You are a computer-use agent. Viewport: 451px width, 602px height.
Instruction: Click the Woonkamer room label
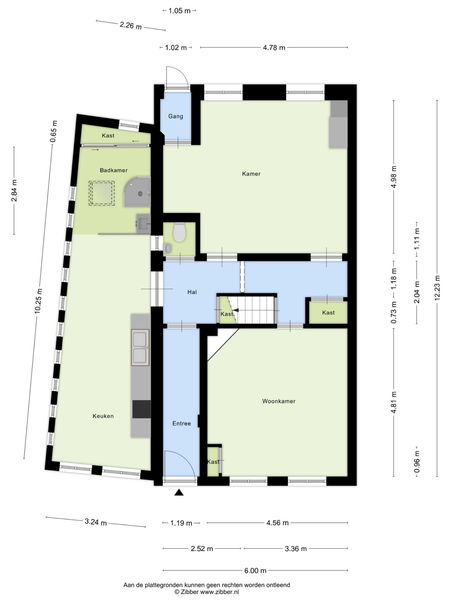[279, 401]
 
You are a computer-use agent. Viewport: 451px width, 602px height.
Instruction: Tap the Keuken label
[103, 416]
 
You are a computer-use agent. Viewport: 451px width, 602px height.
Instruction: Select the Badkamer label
[114, 170]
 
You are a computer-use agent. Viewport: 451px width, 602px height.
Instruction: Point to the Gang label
[176, 116]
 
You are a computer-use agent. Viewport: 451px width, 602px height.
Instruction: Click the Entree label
[181, 424]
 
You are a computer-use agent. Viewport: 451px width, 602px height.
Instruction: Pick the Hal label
[192, 292]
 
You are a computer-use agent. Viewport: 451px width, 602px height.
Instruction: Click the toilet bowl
[179, 232]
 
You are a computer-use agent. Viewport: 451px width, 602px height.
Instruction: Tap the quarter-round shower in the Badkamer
[137, 192]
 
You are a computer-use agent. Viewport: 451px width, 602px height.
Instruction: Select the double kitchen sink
[140, 347]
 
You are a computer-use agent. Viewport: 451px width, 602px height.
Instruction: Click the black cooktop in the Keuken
[142, 409]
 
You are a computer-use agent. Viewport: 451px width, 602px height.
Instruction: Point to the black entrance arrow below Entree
[179, 492]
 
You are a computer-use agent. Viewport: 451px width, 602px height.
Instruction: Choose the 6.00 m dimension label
[255, 571]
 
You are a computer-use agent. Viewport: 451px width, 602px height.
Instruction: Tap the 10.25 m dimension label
[38, 301]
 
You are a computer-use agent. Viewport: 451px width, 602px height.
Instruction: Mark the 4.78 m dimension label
[274, 48]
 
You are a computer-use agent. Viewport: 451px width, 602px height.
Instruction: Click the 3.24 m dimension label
[96, 522]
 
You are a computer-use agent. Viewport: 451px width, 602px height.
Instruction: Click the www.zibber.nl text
[219, 592]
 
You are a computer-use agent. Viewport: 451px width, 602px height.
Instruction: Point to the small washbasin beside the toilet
[167, 248]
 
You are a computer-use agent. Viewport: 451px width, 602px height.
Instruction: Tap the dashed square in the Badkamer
[102, 193]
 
